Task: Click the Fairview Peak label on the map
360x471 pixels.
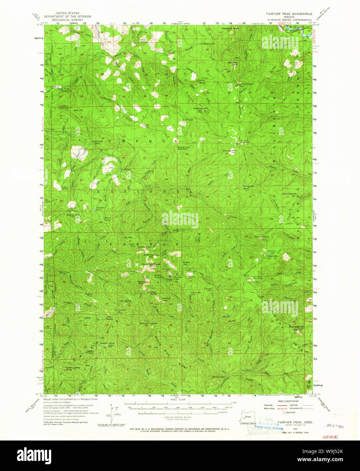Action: (x=151, y=264)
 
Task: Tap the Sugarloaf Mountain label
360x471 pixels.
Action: (x=183, y=148)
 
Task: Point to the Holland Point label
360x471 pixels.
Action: (x=229, y=150)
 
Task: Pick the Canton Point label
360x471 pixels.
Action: (x=108, y=343)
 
